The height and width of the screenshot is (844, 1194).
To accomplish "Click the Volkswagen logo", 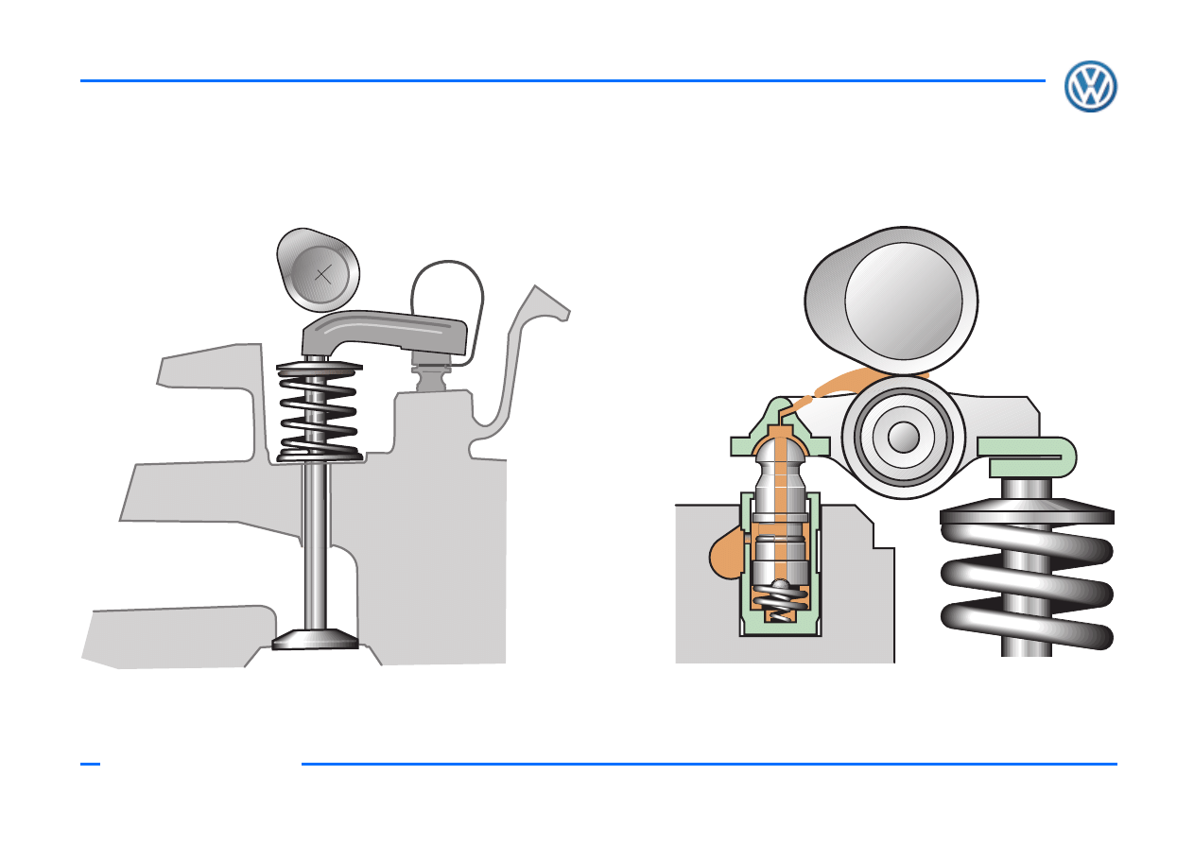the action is [1091, 86].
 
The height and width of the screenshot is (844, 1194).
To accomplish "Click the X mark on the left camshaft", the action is [323, 275].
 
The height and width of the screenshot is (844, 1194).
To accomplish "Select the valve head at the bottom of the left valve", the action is [315, 639].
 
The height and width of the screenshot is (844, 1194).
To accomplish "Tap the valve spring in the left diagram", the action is [319, 411].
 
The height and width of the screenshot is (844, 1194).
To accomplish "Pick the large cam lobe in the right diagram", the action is [891, 300].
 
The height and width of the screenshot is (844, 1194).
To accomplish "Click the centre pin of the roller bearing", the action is [904, 437].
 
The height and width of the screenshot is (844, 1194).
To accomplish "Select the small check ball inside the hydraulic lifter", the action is [780, 583].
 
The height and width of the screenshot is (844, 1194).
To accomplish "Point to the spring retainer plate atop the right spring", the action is [1027, 510].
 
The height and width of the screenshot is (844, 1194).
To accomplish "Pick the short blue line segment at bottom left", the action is [90, 764].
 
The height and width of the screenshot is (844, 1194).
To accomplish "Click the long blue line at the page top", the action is [562, 80].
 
